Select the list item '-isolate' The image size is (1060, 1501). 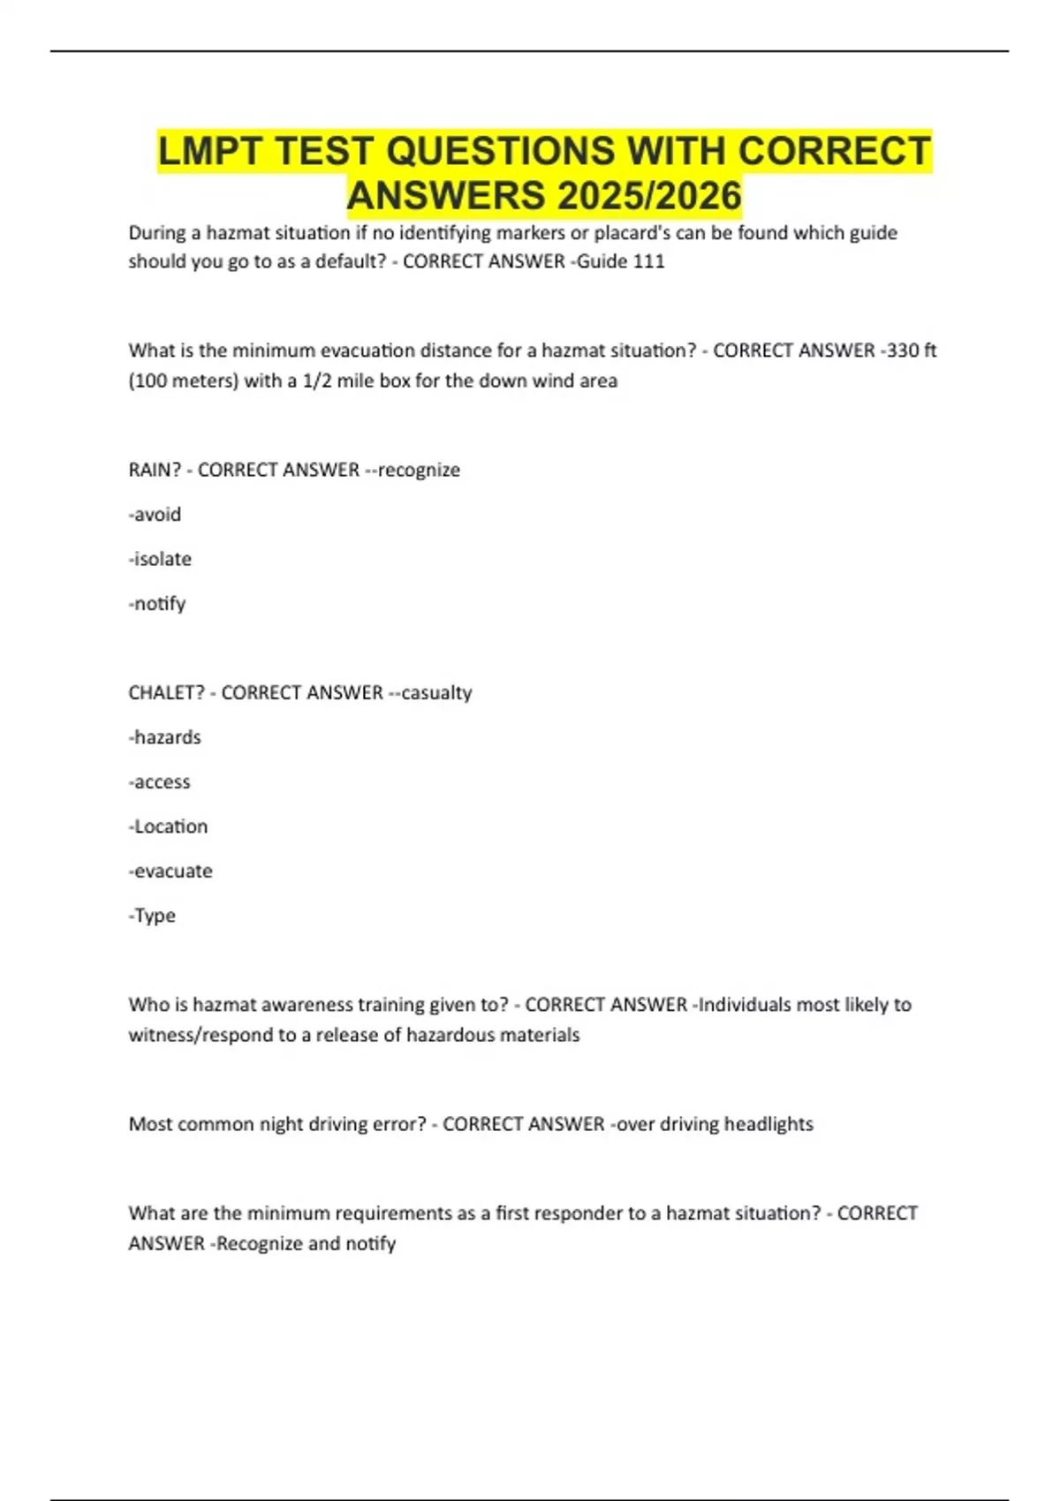pyautogui.click(x=160, y=559)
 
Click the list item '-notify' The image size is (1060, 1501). pyautogui.click(x=157, y=604)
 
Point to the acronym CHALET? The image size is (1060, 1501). pyautogui.click(x=167, y=692)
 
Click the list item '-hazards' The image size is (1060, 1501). pyautogui.click(x=165, y=737)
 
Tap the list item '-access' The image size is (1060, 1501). pyautogui.click(x=160, y=781)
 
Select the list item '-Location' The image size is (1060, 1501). pyautogui.click(x=169, y=826)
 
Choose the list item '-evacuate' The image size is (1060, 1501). pyautogui.click(x=170, y=871)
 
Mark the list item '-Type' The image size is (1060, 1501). pyautogui.click(x=152, y=916)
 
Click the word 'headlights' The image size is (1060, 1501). pyautogui.click(x=768, y=1124)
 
